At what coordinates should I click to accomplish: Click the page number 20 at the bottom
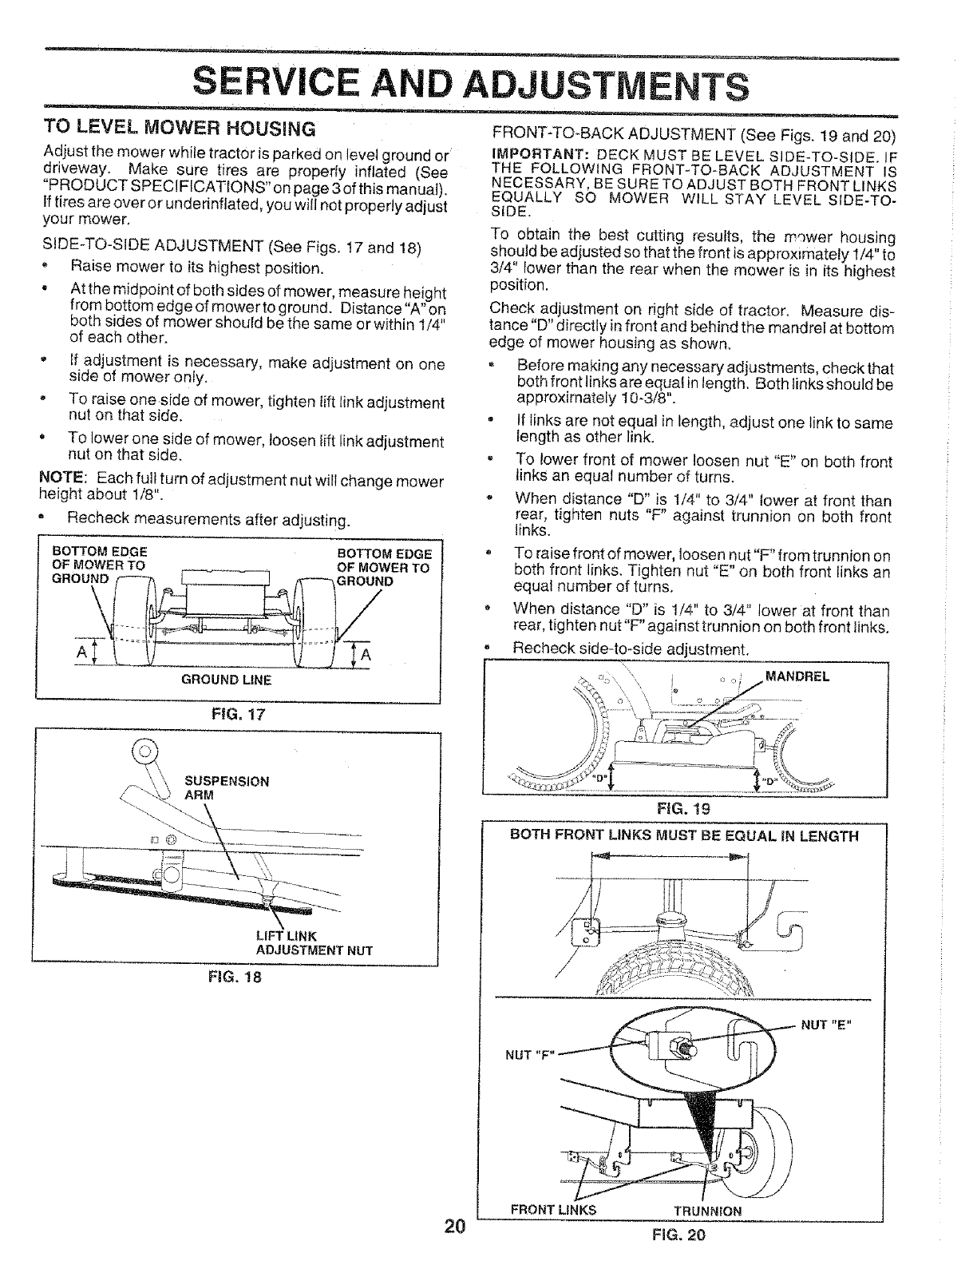456,1227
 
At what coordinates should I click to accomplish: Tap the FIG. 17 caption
237,715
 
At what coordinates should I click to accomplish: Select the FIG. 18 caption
237,977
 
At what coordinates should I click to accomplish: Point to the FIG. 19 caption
682,807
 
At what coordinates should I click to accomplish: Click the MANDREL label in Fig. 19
797,676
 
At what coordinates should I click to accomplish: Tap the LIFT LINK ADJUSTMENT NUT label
314,943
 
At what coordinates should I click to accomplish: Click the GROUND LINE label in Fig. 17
239,680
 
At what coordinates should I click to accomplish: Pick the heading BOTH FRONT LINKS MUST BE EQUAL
684,836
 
